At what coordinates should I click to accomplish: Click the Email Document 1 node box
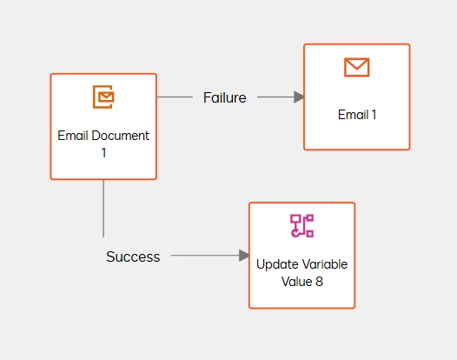[103, 126]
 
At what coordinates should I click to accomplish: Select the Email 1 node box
[357, 97]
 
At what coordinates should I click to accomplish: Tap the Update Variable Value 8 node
[302, 256]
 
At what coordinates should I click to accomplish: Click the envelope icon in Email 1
[357, 67]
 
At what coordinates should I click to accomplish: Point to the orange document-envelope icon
[103, 97]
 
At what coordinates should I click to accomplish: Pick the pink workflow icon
[302, 226]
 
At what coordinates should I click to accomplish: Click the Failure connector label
[225, 97]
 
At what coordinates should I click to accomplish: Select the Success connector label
[133, 257]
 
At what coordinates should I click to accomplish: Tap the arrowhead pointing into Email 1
[299, 97]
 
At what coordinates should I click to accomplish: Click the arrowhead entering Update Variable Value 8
[244, 256]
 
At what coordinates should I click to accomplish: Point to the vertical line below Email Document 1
[103, 209]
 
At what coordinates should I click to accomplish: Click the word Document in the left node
[121, 136]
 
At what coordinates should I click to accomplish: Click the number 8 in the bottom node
[319, 282]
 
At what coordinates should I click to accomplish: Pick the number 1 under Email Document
[103, 153]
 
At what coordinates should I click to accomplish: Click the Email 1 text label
[357, 115]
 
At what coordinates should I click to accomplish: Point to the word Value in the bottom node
[297, 282]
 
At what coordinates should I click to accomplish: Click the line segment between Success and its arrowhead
[205, 256]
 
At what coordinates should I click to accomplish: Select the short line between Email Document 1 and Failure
[175, 97]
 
